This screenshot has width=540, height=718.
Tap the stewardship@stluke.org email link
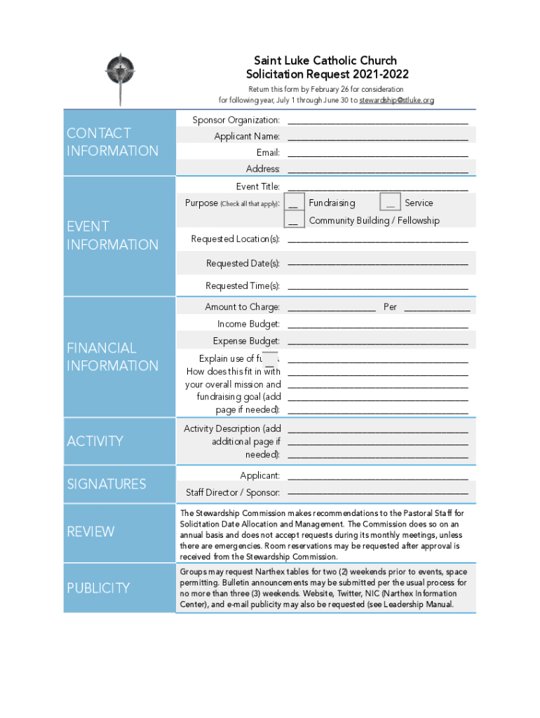[396, 100]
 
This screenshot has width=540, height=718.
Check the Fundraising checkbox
[295, 203]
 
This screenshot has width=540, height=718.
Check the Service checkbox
[390, 203]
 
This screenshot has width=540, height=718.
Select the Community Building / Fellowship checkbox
[295, 220]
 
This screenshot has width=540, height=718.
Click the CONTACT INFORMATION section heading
[112, 142]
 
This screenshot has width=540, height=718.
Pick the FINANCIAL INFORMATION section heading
[112, 357]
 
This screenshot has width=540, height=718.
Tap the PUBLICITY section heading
[99, 588]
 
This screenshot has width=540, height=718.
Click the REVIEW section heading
[90, 531]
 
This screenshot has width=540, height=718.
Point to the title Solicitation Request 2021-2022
[327, 74]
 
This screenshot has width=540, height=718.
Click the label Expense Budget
[245, 341]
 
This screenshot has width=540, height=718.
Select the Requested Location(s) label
[235, 239]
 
